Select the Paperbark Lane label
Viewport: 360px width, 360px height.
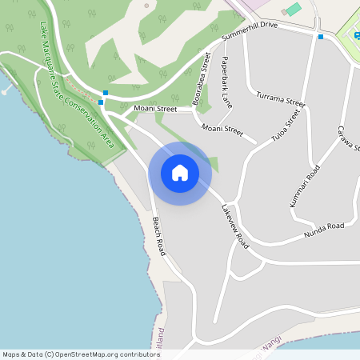tap(226, 82)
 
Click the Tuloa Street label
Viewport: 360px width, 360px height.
tap(285, 126)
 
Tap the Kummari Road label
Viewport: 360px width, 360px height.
tap(305, 186)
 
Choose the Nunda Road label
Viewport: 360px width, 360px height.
tap(323, 230)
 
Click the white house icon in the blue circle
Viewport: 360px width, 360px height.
tap(180, 173)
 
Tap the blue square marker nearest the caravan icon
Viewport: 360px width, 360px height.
tap(321, 37)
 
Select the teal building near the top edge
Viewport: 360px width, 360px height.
tap(294, 9)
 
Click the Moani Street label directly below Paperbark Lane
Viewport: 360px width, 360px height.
tap(222, 128)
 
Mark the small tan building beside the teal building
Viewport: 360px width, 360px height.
tap(284, 13)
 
